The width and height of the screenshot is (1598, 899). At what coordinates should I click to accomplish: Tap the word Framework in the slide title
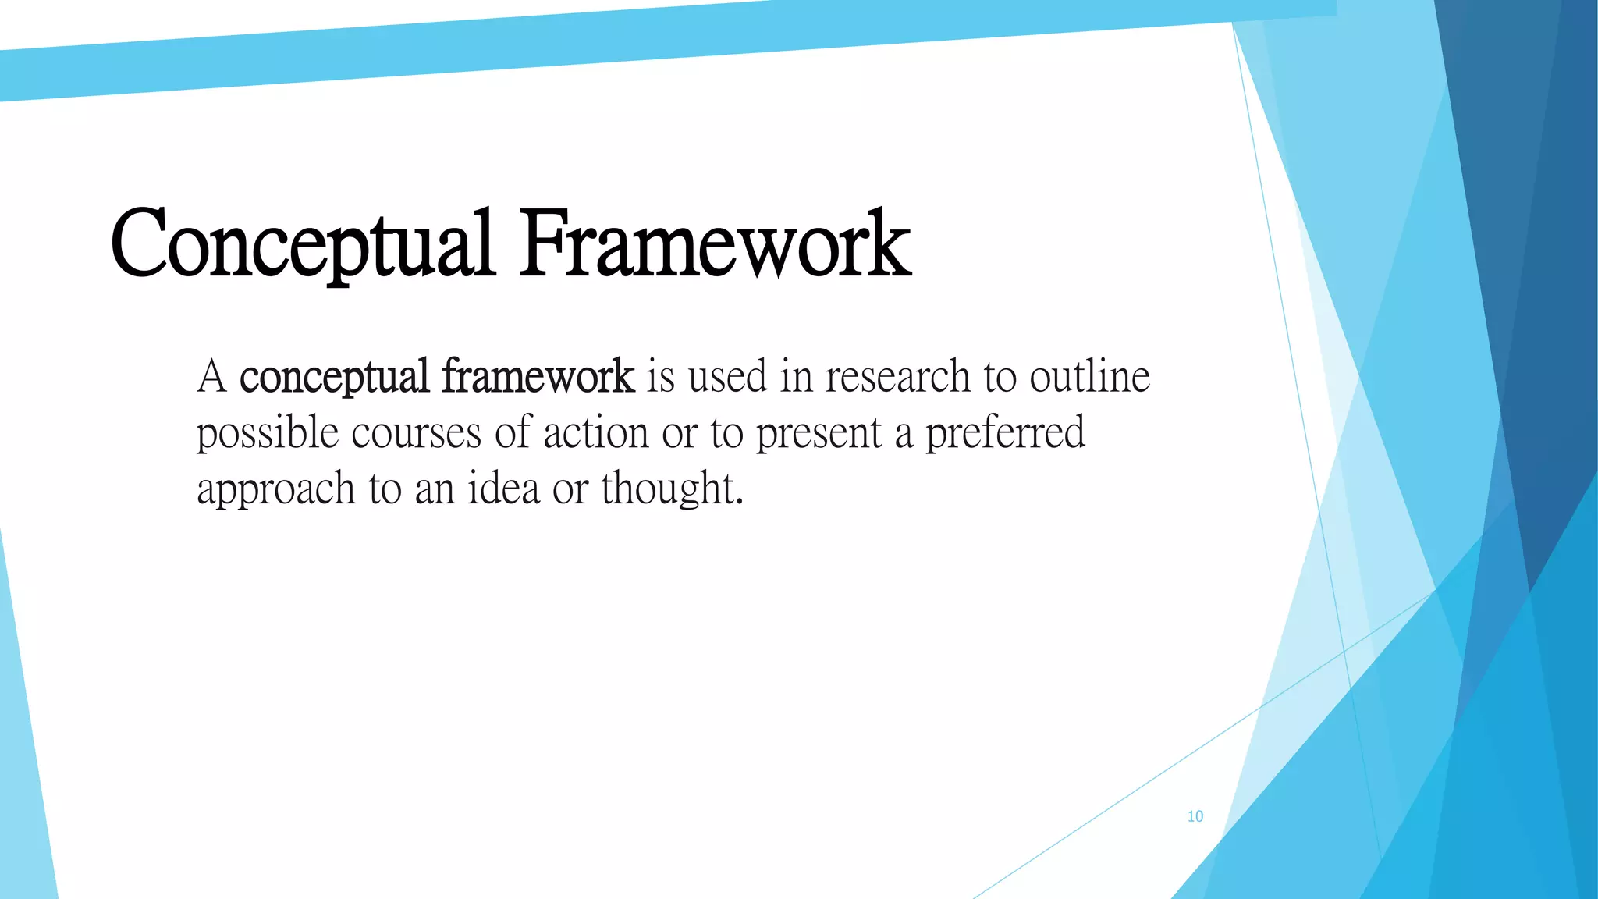(716, 243)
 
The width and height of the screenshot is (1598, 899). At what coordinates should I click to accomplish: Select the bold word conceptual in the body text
(334, 378)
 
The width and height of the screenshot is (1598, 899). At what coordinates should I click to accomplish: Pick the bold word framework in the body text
(538, 376)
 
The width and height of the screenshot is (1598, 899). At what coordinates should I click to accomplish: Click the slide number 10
(1195, 816)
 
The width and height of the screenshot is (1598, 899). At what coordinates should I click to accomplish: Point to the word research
(897, 376)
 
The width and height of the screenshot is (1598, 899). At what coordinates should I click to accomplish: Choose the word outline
(1089, 376)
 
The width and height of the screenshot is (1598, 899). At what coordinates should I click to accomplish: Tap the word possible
(268, 434)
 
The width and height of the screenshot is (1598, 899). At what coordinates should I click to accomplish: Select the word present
(819, 434)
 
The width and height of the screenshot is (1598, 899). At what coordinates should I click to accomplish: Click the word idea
(503, 489)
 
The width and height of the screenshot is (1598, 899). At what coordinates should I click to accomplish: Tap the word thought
(667, 489)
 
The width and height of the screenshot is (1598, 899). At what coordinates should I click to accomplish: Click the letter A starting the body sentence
(211, 376)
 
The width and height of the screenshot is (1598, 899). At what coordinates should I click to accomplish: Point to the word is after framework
(660, 376)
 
